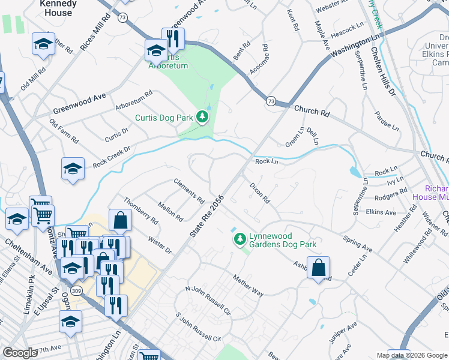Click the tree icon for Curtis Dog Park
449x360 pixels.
(x=203, y=117)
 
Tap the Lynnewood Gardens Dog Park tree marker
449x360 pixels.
(x=240, y=240)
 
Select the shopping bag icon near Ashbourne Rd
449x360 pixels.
(x=318, y=268)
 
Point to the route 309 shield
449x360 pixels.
(x=77, y=290)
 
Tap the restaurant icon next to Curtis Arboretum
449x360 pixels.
(x=173, y=39)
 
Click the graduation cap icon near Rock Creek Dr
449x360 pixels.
(x=73, y=169)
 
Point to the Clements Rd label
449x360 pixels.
(x=188, y=189)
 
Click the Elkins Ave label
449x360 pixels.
(x=381, y=212)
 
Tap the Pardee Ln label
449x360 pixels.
(x=386, y=120)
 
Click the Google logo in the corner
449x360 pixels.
(x=20, y=353)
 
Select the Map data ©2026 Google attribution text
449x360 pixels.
(x=411, y=355)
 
